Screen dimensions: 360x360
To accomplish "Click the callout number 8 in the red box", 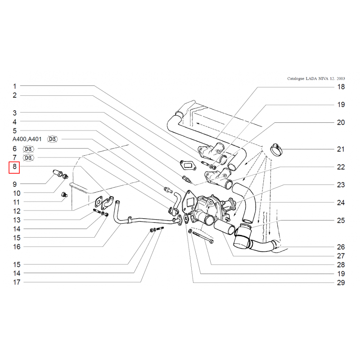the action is click(14, 166).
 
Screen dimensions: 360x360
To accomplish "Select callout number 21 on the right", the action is click(341, 149).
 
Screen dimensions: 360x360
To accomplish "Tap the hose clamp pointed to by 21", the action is click(276, 149).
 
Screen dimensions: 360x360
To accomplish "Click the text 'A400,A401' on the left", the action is click(27, 139).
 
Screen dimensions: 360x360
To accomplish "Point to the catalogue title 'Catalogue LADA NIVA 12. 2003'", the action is click(316, 78).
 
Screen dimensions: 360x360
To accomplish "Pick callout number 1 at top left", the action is click(15, 86).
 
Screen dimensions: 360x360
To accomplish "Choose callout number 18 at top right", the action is click(341, 87).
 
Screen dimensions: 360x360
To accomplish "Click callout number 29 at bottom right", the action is click(341, 283).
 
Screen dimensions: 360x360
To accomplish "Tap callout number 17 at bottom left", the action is click(17, 282).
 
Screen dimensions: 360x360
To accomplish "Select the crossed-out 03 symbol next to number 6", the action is click(28, 149).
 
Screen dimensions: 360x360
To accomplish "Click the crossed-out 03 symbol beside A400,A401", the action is click(52, 139).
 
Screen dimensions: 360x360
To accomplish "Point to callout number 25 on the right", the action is click(341, 220).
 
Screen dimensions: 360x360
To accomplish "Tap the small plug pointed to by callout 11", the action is click(64, 195).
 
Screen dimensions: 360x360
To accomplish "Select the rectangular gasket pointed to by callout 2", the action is click(188, 165).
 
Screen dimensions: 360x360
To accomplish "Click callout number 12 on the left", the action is click(17, 211).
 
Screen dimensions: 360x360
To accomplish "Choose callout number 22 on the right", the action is click(341, 167).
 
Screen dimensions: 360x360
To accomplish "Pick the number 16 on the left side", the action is click(17, 247).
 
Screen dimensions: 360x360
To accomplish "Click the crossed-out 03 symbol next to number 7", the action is click(28, 158).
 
